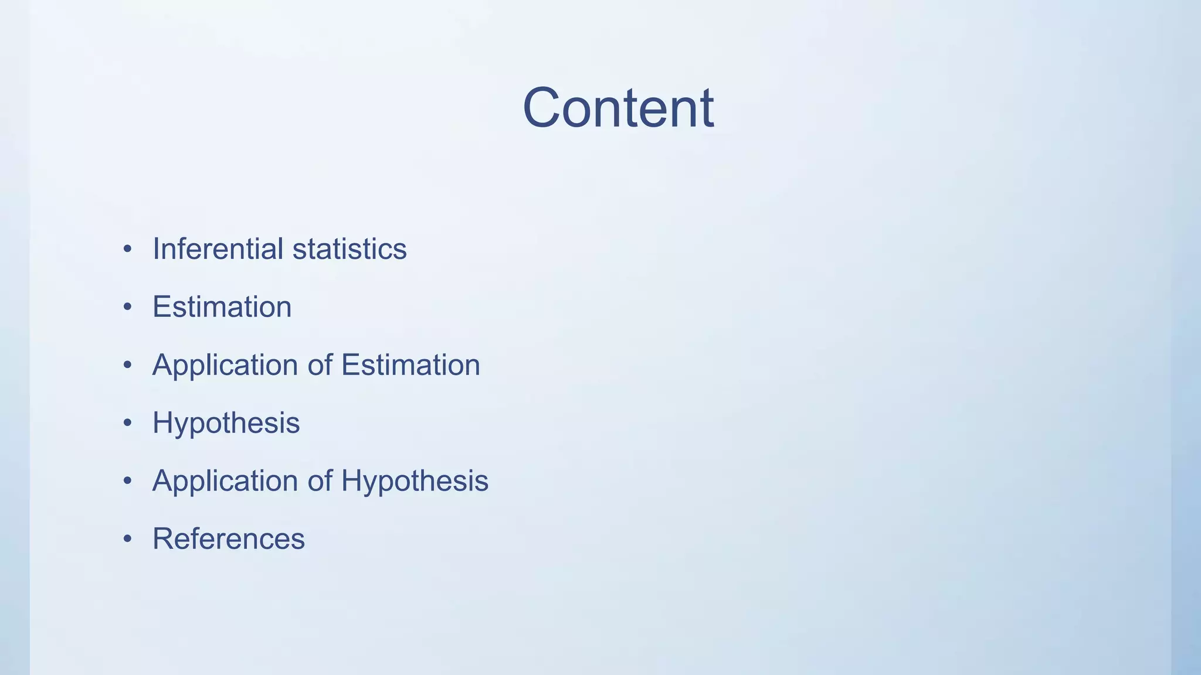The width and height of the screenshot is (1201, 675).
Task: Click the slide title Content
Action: point(618,108)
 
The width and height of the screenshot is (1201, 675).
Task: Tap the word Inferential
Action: point(218,248)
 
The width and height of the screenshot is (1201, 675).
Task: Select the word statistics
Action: point(350,248)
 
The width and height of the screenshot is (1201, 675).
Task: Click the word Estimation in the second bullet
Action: point(222,306)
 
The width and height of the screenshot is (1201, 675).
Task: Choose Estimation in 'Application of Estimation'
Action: point(410,364)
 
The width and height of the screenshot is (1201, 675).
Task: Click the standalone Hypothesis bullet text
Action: point(226,423)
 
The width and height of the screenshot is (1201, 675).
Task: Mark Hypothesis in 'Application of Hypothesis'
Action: point(415,480)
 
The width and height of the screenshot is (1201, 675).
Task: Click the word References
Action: point(229,538)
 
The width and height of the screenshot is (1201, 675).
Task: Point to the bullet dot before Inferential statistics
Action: point(127,249)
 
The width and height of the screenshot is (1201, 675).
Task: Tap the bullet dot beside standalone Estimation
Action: point(127,307)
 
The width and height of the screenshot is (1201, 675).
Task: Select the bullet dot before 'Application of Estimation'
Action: point(127,365)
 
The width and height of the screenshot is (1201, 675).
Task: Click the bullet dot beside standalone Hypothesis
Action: point(127,423)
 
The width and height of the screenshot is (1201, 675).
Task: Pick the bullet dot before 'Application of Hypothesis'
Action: point(127,481)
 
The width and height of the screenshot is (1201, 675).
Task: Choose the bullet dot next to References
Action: point(127,539)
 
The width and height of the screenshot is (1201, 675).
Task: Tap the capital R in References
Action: point(163,538)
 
